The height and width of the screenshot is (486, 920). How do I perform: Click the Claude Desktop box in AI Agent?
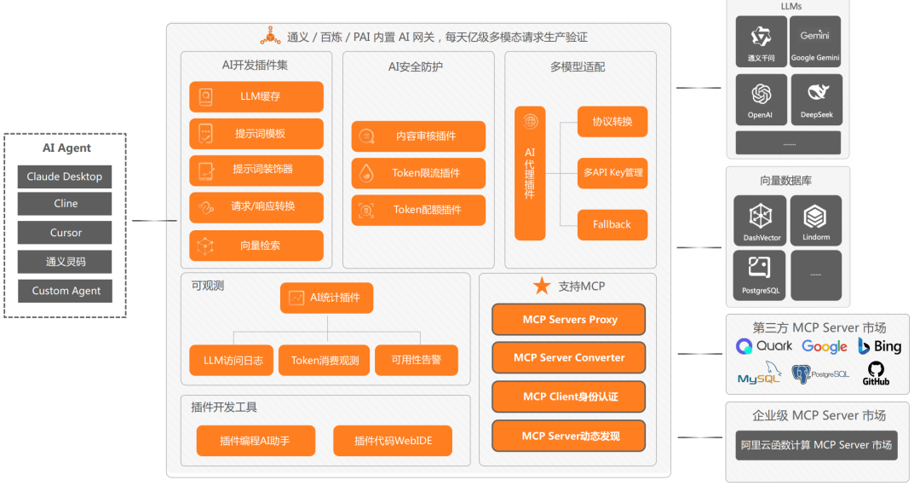[65, 176]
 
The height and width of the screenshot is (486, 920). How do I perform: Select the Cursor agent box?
[65, 233]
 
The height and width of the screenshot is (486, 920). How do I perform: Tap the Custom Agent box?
[65, 291]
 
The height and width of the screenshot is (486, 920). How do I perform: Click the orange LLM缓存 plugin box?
[256, 97]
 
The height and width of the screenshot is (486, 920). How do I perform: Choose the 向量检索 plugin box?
[256, 246]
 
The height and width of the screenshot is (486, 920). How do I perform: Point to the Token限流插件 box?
[418, 173]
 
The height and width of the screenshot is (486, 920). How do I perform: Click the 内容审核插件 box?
[418, 136]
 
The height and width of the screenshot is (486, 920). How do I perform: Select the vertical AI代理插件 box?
[530, 173]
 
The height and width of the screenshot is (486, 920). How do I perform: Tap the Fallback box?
[612, 224]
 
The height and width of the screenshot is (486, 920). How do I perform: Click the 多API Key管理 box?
[612, 173]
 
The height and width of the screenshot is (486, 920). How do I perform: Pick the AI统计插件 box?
[326, 298]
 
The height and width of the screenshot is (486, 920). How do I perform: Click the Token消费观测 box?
[325, 360]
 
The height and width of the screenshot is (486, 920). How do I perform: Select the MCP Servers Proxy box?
[568, 320]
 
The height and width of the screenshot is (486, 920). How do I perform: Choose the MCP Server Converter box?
[568, 358]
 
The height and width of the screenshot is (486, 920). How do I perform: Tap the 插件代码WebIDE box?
[392, 441]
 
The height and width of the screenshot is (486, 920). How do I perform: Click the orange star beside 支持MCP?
[542, 286]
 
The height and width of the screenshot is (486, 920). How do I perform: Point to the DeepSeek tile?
[816, 99]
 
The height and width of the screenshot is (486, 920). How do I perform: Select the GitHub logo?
[875, 373]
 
